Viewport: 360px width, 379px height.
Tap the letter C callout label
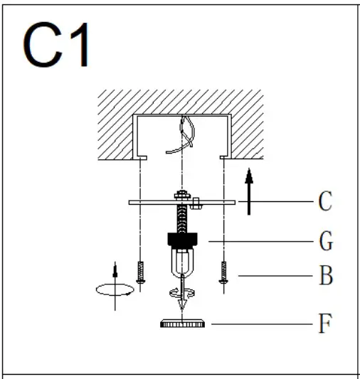pos(324,202)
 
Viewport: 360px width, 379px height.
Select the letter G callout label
pos(324,242)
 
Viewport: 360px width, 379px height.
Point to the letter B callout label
pos(325,276)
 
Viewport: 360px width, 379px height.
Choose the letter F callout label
pos(324,324)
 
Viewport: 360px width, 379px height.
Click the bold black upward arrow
pos(248,190)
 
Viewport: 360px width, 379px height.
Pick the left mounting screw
pos(142,274)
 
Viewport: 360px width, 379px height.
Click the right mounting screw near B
pos(223,274)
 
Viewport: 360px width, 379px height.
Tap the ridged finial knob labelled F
pos(184,324)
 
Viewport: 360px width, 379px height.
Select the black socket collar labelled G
pos(184,241)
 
